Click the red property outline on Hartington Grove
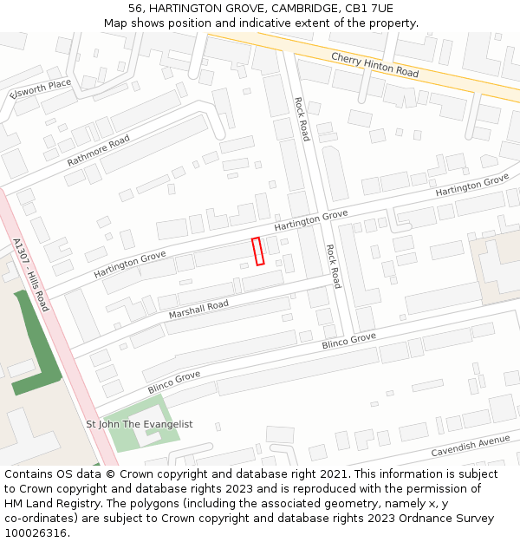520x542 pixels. tap(257, 251)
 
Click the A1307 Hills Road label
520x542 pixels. tap(31, 275)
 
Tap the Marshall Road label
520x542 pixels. tap(198, 309)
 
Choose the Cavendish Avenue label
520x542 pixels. tap(471, 447)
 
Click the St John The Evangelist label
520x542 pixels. tap(139, 424)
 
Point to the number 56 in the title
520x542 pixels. tap(135, 8)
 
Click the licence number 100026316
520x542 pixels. tap(36, 533)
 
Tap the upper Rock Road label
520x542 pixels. tap(302, 119)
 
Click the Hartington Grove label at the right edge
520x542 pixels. tap(471, 185)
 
